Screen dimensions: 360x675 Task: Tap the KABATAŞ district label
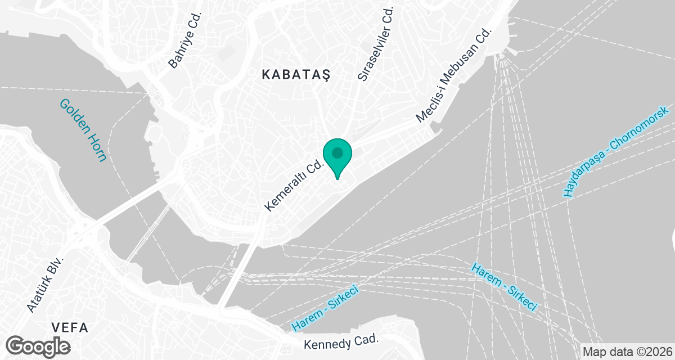pos(295,74)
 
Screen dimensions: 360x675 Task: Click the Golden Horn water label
pos(83,130)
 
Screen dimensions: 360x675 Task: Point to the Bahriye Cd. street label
pos(184,46)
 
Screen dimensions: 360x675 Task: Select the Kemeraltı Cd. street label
pos(294,184)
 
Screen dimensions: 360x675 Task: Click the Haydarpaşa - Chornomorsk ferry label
pos(616,151)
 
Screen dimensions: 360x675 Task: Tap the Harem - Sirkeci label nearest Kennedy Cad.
pos(326,308)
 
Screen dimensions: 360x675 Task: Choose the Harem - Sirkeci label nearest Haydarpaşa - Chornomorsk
pos(503,287)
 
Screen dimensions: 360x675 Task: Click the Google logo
pos(38,345)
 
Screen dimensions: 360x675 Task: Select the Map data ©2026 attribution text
pos(627,352)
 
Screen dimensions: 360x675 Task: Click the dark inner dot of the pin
pos(337,152)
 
